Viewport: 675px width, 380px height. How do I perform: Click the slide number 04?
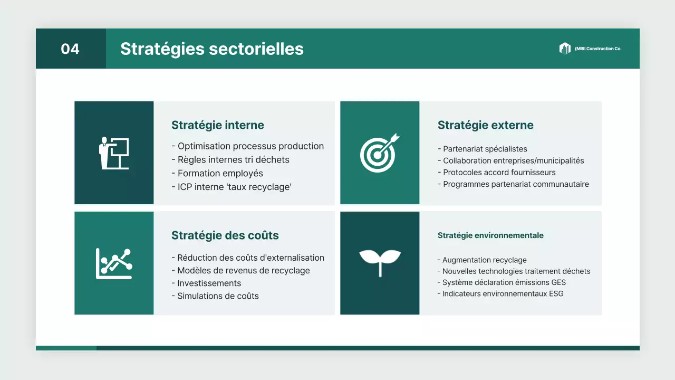click(70, 49)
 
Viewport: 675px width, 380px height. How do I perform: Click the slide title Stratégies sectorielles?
click(211, 49)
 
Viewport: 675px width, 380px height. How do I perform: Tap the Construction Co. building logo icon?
click(565, 49)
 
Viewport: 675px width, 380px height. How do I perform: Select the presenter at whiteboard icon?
click(114, 153)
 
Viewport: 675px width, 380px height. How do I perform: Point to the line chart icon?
click(114, 263)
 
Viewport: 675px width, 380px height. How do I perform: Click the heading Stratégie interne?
click(217, 125)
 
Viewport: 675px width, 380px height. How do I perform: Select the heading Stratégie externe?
click(485, 125)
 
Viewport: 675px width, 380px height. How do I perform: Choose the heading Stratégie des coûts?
click(225, 235)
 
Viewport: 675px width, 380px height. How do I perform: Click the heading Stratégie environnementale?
click(490, 235)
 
